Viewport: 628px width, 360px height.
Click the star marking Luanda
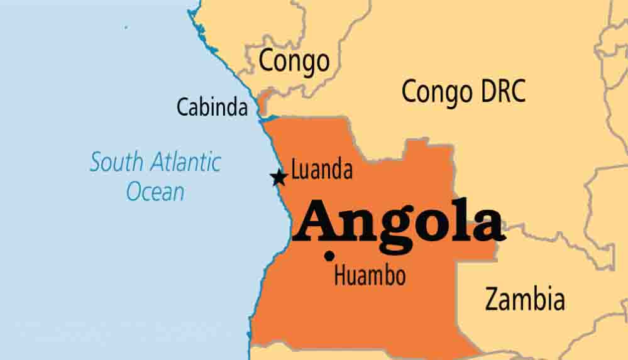click(x=278, y=178)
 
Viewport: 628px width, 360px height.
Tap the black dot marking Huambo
click(x=329, y=256)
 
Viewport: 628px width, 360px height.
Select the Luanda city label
click(x=322, y=170)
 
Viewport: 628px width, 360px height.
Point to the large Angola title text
click(x=400, y=221)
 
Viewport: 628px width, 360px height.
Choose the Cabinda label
click(x=212, y=107)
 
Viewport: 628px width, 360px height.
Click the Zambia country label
click(x=524, y=299)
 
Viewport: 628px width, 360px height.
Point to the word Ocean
click(x=155, y=191)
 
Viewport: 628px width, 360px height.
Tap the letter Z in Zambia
click(x=492, y=299)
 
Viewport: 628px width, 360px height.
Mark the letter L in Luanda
click(x=296, y=170)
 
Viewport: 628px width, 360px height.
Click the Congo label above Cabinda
click(x=294, y=62)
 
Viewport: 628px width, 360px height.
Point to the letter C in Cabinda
click(x=183, y=107)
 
